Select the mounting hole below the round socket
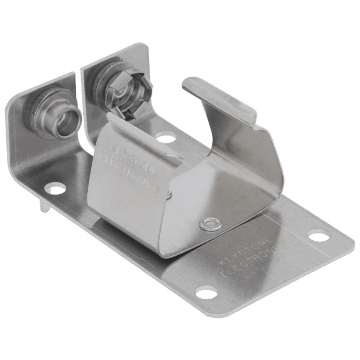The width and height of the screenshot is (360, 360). pos(55,188)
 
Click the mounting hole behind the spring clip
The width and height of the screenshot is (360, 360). pos(165,137)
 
